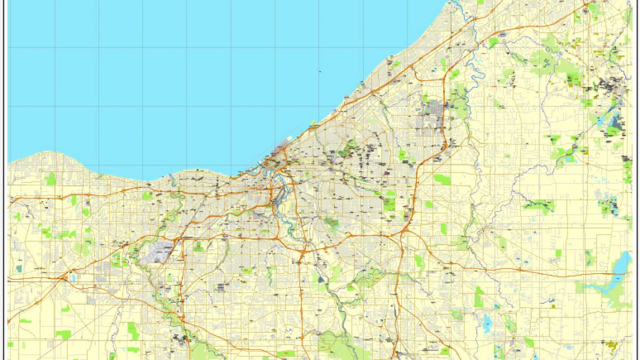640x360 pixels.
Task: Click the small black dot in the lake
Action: (x=319, y=71)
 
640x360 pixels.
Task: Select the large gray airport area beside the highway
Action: (x=158, y=251)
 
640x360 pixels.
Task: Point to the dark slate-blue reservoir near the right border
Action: (x=617, y=122)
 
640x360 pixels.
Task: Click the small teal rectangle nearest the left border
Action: (x=20, y=268)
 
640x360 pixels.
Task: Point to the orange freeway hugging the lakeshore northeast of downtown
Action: (x=363, y=96)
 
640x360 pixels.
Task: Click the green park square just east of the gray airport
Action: (x=198, y=246)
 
